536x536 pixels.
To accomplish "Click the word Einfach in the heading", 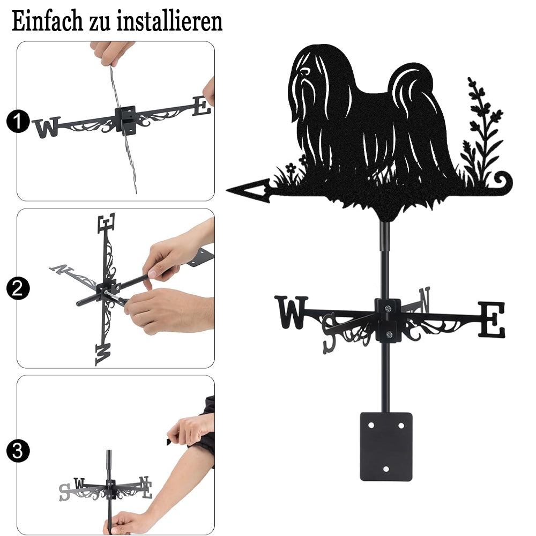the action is tap(47, 21).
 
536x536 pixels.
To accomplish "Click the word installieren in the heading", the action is tap(169, 21).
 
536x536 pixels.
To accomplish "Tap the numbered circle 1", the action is tap(18, 121).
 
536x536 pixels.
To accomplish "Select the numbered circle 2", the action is tap(18, 288).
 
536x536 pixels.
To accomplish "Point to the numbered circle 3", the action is tap(18, 451).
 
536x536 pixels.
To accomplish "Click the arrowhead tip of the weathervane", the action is tap(227, 189).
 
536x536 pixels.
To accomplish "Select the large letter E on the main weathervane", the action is tap(491, 319).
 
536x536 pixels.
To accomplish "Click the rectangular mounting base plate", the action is tap(386, 446).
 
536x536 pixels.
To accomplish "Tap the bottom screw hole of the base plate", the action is tap(386, 469).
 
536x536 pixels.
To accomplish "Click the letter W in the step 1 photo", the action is tap(47, 127).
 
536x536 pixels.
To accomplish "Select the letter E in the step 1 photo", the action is tap(202, 106).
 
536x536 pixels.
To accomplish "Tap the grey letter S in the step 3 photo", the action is tap(65, 492).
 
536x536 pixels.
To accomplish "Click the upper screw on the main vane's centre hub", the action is tap(388, 309).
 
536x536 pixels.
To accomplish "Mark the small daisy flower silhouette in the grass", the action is tap(291, 168).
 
